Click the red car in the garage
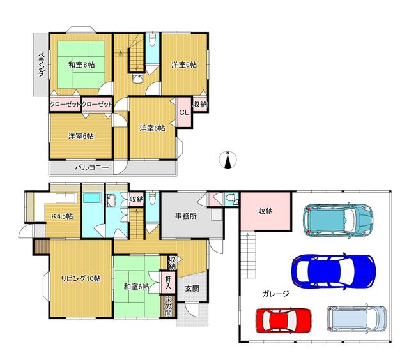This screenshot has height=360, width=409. [284, 320]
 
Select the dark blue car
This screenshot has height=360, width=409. [334, 271]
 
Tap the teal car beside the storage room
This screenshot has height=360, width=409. [338, 218]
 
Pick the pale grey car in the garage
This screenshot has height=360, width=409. [357, 319]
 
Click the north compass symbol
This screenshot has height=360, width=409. [228, 160]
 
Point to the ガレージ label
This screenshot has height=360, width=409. [275, 294]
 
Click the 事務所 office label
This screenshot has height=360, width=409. [186, 216]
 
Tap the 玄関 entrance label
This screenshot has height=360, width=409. [192, 289]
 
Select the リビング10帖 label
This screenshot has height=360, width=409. [81, 278]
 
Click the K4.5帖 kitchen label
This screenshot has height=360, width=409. [62, 216]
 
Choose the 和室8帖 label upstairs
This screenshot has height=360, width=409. [81, 64]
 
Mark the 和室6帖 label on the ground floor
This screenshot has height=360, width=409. [136, 287]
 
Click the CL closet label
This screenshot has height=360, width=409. [184, 112]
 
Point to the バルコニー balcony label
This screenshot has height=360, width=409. [92, 167]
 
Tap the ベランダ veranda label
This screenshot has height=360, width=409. [41, 64]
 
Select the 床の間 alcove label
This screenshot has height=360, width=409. [169, 306]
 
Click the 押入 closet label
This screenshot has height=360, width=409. [169, 283]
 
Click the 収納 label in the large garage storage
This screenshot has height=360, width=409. [266, 211]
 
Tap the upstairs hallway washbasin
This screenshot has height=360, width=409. [137, 78]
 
